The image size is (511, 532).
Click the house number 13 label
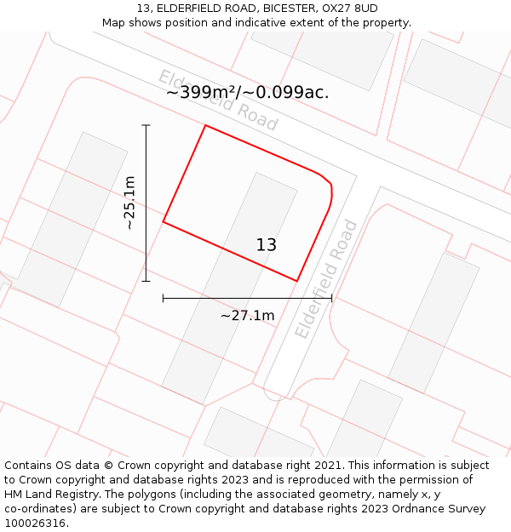[267, 245]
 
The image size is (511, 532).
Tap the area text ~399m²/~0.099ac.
[247, 93]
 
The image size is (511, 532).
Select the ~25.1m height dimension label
[129, 203]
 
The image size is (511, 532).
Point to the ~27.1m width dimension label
[247, 316]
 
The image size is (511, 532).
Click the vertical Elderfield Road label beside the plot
[326, 279]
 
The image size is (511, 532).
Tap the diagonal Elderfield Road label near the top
[218, 100]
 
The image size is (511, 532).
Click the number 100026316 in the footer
[36, 523]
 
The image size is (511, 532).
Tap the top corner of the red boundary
[205, 126]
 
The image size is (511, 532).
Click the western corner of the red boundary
[164, 222]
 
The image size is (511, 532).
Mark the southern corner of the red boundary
[296, 280]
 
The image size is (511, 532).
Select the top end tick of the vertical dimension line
[146, 125]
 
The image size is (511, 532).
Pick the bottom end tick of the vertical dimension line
[146, 281]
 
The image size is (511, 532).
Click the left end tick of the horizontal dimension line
[163, 299]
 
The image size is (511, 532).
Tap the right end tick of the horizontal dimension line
[331, 299]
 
